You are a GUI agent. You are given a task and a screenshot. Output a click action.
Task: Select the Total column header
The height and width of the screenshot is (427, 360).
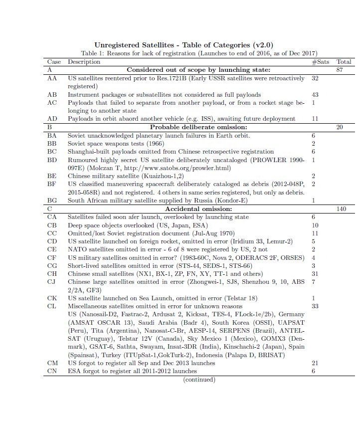(344, 62)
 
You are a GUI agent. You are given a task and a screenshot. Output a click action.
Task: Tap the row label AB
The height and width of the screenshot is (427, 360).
(52, 94)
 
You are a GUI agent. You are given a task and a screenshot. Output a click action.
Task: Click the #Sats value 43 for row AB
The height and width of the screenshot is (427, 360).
(315, 94)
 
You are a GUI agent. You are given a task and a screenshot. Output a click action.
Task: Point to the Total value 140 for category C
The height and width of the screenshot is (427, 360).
(342, 209)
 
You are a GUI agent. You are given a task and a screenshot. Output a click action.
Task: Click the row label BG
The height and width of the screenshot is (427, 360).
(52, 201)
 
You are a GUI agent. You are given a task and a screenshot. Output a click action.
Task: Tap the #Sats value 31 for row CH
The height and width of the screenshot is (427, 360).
(315, 273)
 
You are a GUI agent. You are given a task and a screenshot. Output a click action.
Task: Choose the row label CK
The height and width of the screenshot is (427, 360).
(52, 298)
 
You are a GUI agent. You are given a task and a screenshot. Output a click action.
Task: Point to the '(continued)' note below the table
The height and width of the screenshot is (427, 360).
(199, 380)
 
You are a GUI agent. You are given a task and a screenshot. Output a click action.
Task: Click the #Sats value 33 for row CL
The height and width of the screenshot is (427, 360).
(315, 306)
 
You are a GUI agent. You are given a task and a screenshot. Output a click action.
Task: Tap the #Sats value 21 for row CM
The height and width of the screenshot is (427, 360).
(315, 363)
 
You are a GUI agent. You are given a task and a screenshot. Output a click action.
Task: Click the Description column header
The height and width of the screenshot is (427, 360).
(84, 62)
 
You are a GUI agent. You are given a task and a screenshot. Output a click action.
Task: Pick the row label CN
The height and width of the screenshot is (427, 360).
(52, 371)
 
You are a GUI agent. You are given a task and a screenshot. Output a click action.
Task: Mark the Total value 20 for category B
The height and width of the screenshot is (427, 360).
(340, 127)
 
